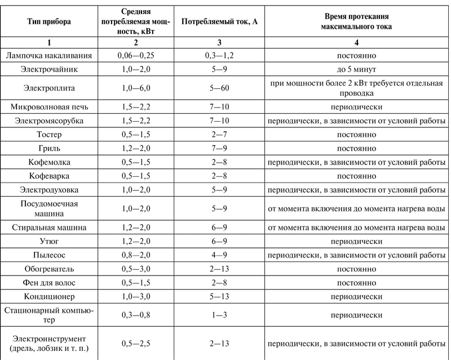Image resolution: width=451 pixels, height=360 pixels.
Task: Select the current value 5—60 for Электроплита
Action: coord(215,89)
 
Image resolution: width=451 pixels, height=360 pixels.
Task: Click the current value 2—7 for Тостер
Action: coord(215,135)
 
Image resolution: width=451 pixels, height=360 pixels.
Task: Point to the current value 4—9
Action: coord(215,255)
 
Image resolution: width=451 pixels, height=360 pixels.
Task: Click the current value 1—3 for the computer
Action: coord(215,314)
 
